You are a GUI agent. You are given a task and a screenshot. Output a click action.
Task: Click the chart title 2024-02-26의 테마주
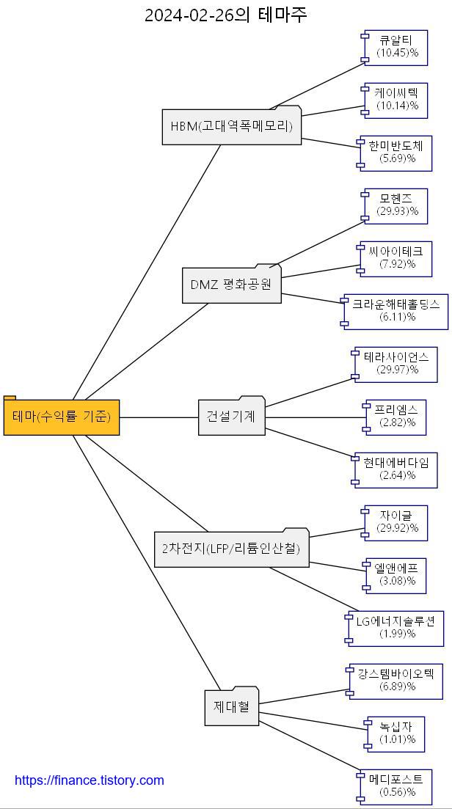[x=225, y=15]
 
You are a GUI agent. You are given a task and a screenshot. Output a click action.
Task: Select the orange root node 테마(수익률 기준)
[x=62, y=417]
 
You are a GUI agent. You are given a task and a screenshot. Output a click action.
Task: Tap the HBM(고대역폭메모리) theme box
[x=231, y=126]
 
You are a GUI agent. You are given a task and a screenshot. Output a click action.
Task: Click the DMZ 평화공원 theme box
[x=231, y=285]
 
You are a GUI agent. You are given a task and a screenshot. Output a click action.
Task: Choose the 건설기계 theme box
[x=231, y=416]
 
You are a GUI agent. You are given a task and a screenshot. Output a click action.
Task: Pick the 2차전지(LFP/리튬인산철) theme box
[x=231, y=548]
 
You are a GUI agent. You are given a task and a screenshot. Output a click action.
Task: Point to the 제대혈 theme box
[x=231, y=707]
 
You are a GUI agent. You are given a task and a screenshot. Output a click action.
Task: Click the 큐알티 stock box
[x=397, y=47]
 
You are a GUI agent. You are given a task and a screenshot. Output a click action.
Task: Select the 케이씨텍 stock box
[x=397, y=100]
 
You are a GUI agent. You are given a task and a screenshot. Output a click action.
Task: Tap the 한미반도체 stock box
[x=397, y=153]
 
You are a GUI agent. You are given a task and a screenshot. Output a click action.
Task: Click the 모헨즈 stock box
[x=397, y=205]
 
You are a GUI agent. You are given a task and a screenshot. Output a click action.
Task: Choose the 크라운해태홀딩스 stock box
[x=395, y=311]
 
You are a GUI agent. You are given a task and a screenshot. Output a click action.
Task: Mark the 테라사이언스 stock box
[x=397, y=364]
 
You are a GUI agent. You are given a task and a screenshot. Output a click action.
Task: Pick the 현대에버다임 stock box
[x=397, y=469]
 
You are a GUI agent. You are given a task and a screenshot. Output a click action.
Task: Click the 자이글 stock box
[x=397, y=522]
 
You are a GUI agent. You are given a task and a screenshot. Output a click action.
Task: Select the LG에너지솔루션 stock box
[x=395, y=628]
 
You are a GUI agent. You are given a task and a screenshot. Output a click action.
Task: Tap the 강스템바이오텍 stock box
[x=395, y=681]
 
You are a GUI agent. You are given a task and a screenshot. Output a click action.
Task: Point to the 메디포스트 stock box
[x=397, y=786]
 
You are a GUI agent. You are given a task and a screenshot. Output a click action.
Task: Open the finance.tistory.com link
[x=90, y=780]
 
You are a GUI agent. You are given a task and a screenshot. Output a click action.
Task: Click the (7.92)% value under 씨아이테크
[x=398, y=264]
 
